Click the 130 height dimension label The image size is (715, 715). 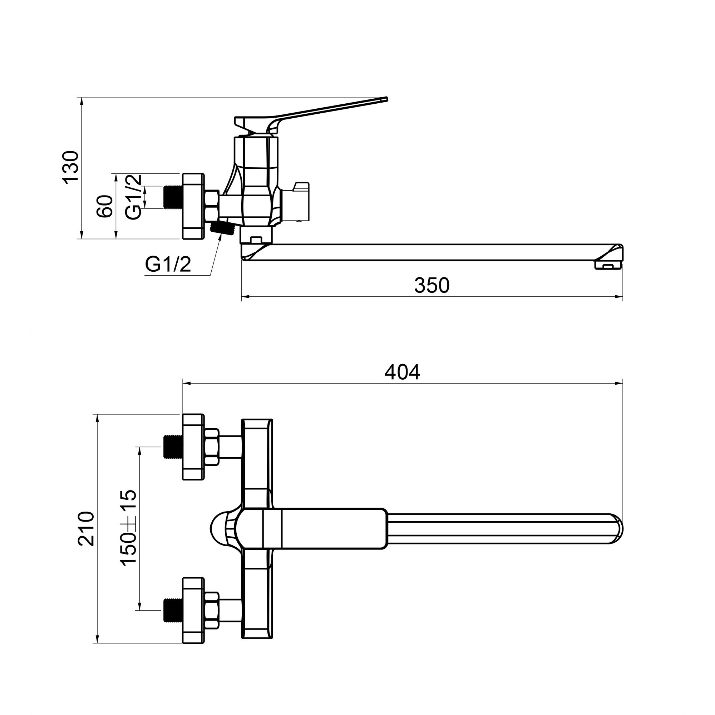71,167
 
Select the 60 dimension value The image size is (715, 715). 105,207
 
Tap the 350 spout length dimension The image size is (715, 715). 432,285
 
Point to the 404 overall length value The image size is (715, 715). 402,372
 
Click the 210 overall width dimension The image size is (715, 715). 86,529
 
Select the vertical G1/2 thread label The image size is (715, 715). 133,197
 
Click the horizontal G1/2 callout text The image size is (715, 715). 168,264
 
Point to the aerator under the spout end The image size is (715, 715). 608,265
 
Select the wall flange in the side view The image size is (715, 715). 193,206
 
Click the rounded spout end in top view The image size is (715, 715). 616,529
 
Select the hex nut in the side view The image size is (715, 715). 211,206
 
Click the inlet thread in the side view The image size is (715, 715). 172,197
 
